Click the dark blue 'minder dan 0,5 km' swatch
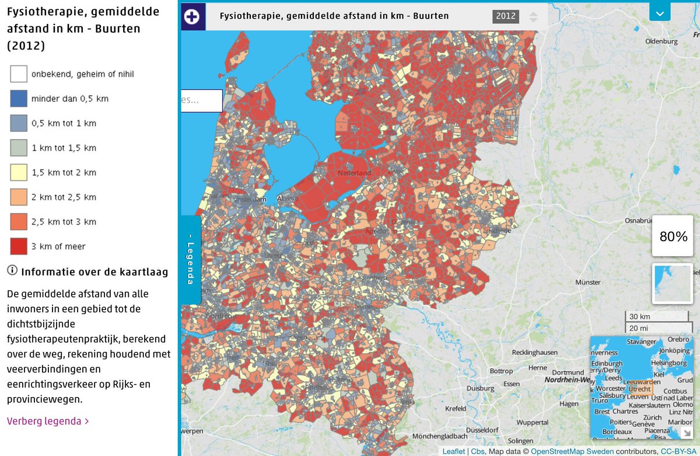[x=19, y=99]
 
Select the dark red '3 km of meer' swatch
[x=19, y=246]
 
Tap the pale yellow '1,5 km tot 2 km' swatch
[x=19, y=173]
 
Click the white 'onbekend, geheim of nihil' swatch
[x=19, y=74]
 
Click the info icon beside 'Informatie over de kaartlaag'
[x=12, y=271]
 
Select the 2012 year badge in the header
[x=506, y=16]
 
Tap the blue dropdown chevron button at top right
[x=660, y=12]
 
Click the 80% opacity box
[x=673, y=236]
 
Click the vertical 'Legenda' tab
[x=191, y=260]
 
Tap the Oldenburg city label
[x=661, y=42]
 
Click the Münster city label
[x=587, y=282]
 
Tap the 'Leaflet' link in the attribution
[x=454, y=451]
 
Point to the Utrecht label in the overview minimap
[x=640, y=389]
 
